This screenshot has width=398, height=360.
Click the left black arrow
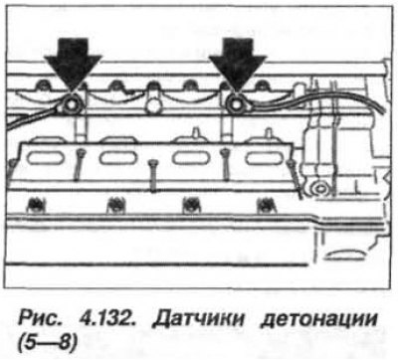pos(73,63)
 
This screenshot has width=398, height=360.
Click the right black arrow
pos(238,63)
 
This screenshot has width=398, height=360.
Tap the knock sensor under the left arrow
pos(71,105)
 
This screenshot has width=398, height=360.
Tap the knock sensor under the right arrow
pos(236,105)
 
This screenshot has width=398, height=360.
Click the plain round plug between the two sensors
pos(152,106)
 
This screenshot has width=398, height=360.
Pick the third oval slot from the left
pos(189,157)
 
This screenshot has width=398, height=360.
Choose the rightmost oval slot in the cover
pos(262,157)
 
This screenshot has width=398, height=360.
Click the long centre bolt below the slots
pos(152,176)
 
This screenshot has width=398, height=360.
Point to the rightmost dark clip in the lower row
pos(265,206)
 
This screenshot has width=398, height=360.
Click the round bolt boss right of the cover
pos(319,189)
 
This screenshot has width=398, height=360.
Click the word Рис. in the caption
pos(38,319)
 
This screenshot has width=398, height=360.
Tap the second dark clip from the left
pos(115,206)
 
